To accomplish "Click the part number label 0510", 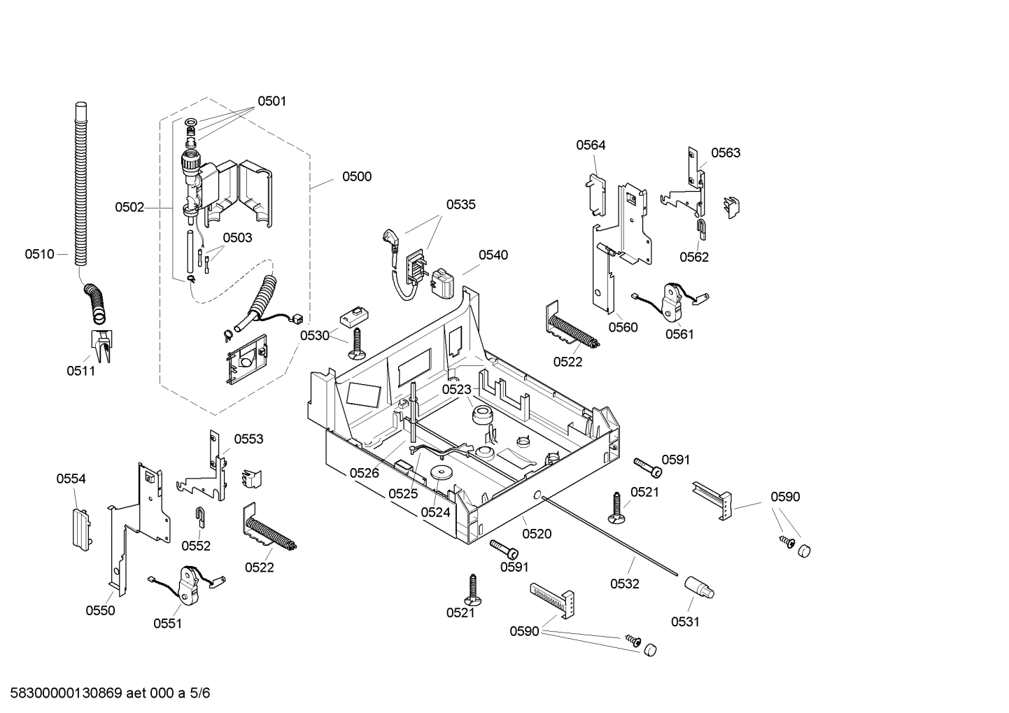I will coord(39,254).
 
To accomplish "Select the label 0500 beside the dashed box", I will coord(356,176).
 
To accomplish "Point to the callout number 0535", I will coord(460,204).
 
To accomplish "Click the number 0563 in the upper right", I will coord(725,153).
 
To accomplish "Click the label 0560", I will coord(622,327).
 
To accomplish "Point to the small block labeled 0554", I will coord(80,528).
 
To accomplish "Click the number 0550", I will coord(100,610).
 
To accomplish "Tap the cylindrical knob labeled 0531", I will coord(698,587).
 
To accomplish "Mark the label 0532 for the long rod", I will coord(624,584).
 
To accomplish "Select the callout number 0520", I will coord(537,534).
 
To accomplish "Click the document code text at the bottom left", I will coord(106,693).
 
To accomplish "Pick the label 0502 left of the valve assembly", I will coord(129,207).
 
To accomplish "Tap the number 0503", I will coord(237,237).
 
